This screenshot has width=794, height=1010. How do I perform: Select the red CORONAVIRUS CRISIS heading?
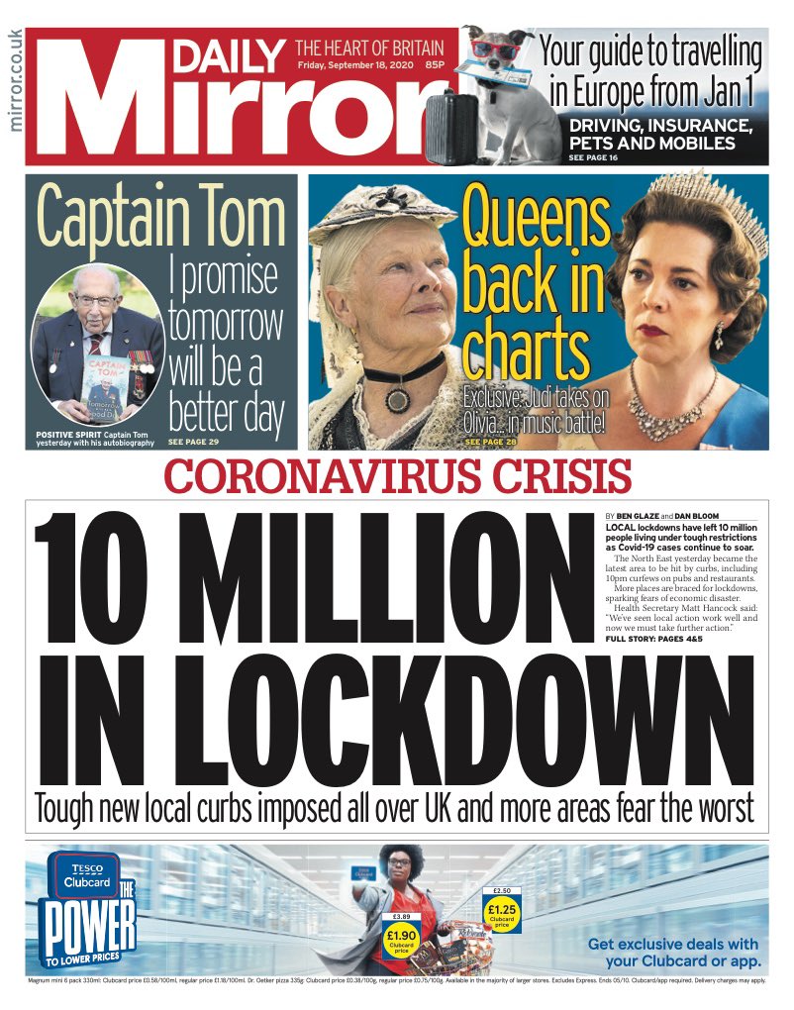(x=397, y=478)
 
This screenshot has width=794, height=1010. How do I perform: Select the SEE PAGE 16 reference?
(x=593, y=157)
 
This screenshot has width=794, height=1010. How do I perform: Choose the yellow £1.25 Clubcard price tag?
(x=503, y=911)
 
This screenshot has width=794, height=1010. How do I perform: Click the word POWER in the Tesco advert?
(x=86, y=927)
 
